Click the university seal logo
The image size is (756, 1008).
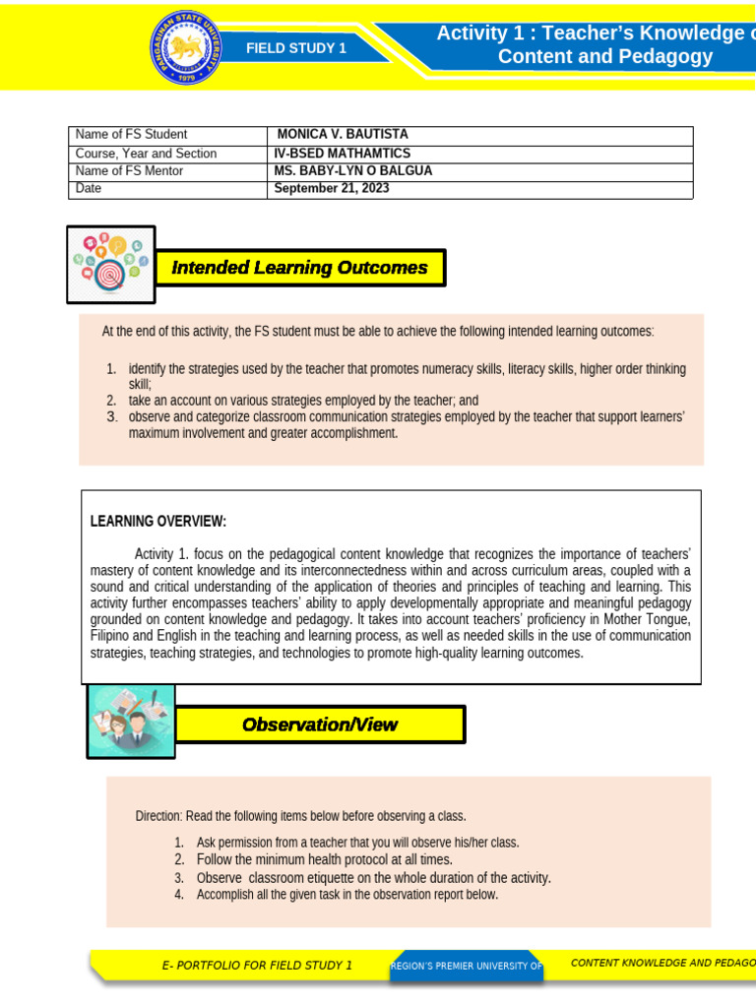pos(187,46)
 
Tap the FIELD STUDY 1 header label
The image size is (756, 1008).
pos(295,48)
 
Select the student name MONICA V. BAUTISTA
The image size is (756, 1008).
pos(342,134)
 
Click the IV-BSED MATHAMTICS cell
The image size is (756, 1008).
pos(342,153)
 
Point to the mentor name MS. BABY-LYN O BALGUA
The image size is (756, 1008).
pos(352,170)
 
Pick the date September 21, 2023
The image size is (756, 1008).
pos(332,188)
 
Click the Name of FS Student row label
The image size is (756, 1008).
pos(131,134)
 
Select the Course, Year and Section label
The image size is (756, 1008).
pos(146,153)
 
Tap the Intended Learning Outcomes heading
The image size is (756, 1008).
pos(300,268)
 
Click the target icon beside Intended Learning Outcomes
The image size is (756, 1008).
pos(110,264)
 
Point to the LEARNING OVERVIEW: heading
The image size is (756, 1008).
pos(158,521)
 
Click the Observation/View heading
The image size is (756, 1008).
pos(320,724)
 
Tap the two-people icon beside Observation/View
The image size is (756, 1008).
pos(131,722)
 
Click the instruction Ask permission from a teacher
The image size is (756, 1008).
pos(357,843)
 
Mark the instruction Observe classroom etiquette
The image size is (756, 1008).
pos(373,877)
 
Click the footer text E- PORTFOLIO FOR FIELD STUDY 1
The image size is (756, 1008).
pos(257,965)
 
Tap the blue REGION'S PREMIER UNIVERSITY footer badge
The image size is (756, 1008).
pos(466,966)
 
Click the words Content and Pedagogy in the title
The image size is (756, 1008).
pos(604,56)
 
